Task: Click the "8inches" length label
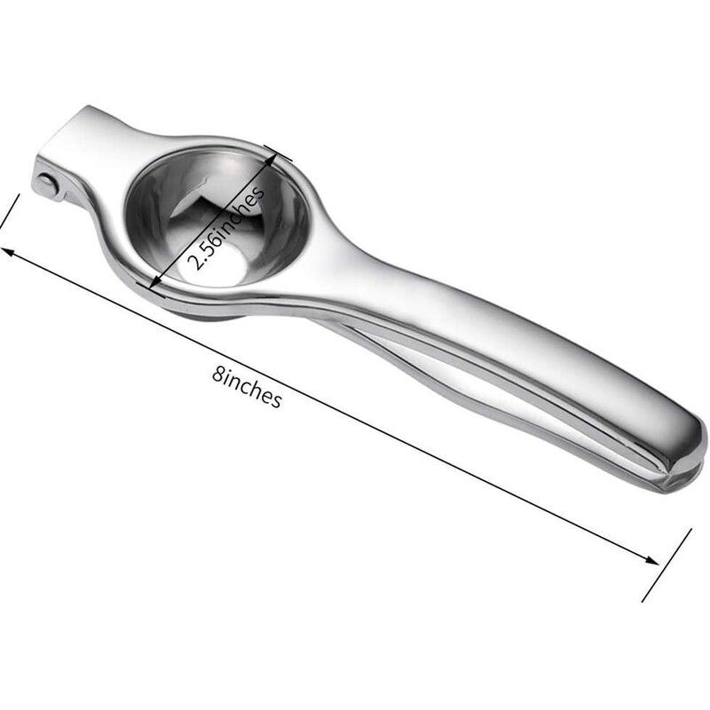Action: coord(248,388)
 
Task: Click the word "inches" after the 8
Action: coord(253,390)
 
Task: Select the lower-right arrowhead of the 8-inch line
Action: coord(651,560)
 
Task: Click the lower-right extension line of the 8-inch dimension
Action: coord(667,564)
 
